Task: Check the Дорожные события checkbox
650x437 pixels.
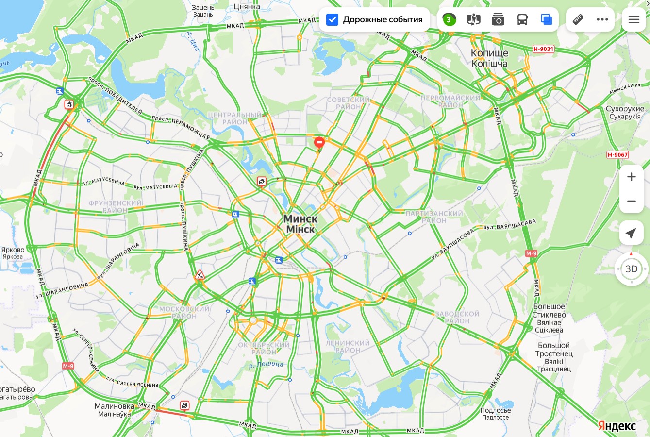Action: click(x=332, y=20)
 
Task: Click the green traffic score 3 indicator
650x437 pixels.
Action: click(x=449, y=20)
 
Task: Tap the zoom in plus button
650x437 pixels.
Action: click(x=631, y=177)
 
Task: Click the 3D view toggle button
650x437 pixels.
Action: click(x=631, y=269)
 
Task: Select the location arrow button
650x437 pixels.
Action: click(x=631, y=234)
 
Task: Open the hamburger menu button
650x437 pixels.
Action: click(x=633, y=20)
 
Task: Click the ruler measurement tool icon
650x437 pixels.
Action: click(x=578, y=20)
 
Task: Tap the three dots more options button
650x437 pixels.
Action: click(x=602, y=20)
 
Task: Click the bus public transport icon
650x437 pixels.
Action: click(x=522, y=20)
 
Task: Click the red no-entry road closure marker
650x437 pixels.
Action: click(x=319, y=142)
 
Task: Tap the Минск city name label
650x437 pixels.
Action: click(x=300, y=219)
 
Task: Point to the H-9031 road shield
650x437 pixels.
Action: click(x=543, y=49)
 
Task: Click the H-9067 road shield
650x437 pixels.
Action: click(x=617, y=155)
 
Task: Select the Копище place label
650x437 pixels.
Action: click(x=489, y=53)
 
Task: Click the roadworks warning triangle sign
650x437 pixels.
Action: click(x=200, y=275)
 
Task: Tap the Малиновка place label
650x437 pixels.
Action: click(x=114, y=406)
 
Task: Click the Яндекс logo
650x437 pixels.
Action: click(x=617, y=426)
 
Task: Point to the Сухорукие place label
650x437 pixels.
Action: click(x=625, y=109)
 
